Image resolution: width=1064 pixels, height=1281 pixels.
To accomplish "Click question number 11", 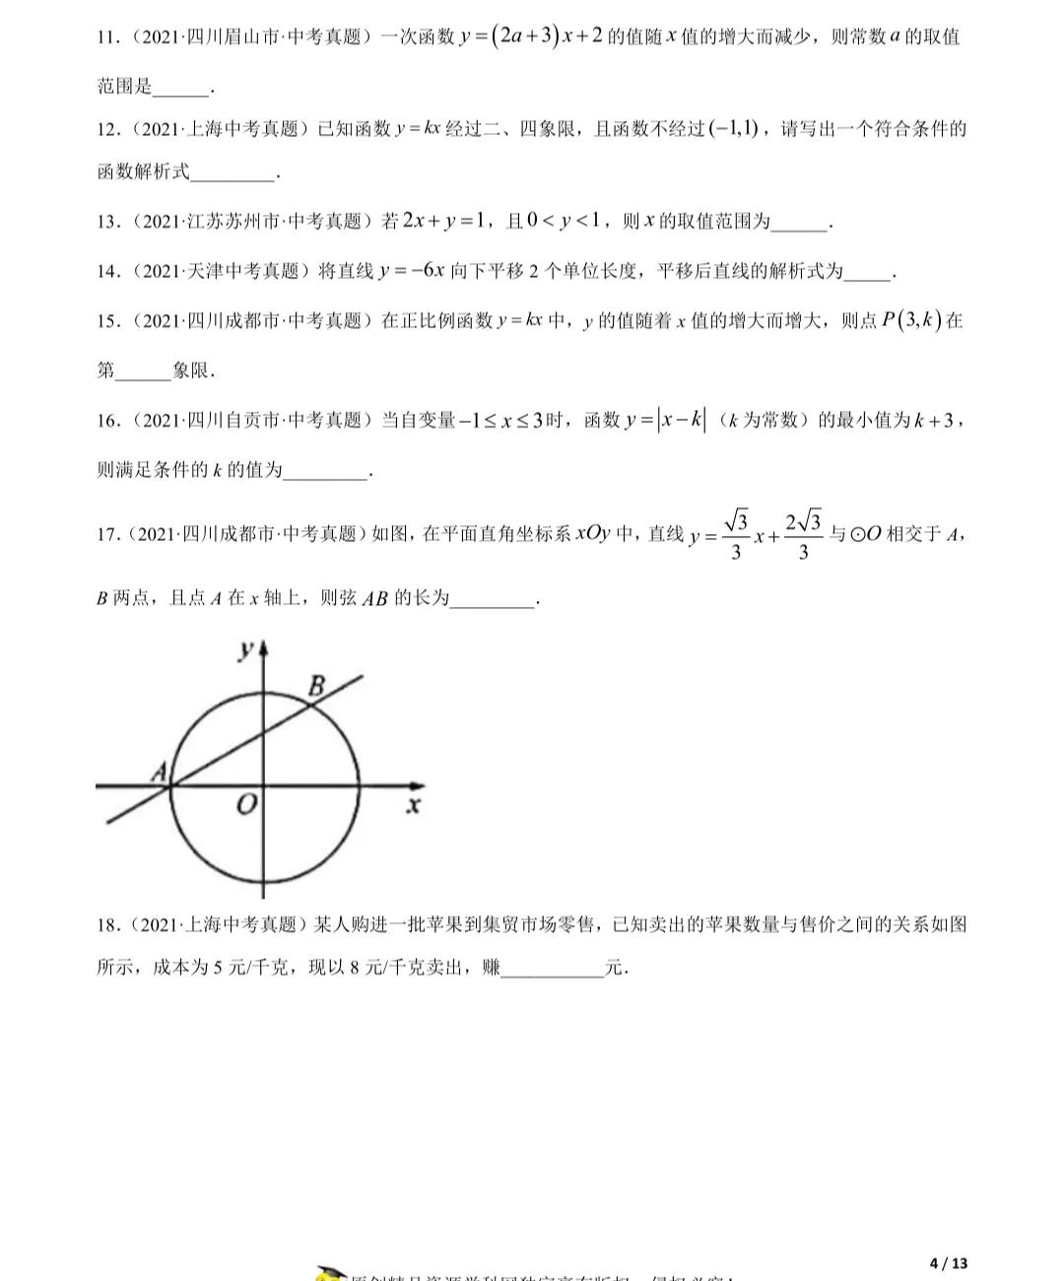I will click(x=107, y=38).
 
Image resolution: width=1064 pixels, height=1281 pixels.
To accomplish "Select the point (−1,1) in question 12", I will click(x=733, y=129).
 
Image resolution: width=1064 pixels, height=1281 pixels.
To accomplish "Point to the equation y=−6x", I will click(x=412, y=271).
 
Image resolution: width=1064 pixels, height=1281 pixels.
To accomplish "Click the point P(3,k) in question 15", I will click(x=911, y=321).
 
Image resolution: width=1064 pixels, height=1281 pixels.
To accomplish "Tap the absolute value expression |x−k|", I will click(x=682, y=421).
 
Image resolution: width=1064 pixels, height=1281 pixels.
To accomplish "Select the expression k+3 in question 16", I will click(x=933, y=421).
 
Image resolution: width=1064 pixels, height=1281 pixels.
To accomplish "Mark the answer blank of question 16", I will click(x=325, y=474).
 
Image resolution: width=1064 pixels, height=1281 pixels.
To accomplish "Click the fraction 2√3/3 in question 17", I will click(x=803, y=535).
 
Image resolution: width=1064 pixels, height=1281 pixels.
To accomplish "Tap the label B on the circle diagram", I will click(x=317, y=686).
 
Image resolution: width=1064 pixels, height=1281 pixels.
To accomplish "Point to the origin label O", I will click(x=246, y=805).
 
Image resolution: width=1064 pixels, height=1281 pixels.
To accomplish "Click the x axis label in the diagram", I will click(x=414, y=806).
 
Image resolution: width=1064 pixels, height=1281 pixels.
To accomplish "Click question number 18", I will click(x=107, y=924).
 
